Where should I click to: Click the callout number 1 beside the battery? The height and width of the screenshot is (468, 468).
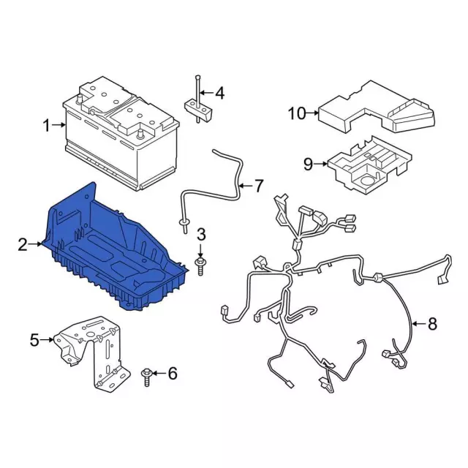[x=47, y=125]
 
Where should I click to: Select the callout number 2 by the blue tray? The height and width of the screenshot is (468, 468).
[x=23, y=244]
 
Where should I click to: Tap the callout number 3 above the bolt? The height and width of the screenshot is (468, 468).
[x=202, y=234]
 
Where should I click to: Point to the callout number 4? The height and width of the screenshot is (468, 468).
[x=219, y=93]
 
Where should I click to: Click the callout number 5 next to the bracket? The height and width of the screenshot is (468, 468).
[x=34, y=339]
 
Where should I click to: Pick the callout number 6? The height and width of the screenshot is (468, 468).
[x=173, y=373]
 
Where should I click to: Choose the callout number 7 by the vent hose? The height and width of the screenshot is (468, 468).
[x=258, y=186]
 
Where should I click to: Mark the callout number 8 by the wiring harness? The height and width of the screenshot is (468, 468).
[x=432, y=323]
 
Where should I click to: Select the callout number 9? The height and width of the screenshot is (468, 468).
[x=308, y=164]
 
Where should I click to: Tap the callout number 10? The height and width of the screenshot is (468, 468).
[x=298, y=113]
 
